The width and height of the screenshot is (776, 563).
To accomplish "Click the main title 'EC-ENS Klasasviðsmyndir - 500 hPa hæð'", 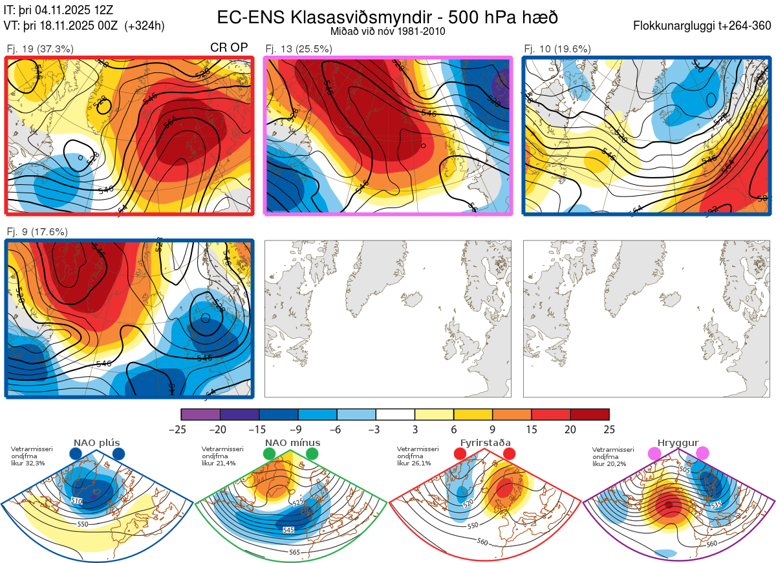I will [x=387, y=17].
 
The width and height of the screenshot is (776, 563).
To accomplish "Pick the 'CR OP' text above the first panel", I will [x=229, y=48].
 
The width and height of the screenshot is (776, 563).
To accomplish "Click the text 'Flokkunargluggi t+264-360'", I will [x=704, y=26].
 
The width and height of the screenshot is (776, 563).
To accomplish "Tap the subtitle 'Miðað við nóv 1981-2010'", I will [x=387, y=31].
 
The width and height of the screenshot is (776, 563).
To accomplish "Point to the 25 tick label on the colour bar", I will [x=609, y=429].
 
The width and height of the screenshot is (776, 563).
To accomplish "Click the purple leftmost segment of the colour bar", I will [x=200, y=414].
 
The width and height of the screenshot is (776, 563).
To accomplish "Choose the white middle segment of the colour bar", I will [x=395, y=414].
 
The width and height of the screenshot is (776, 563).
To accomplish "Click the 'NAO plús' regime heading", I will [x=96, y=443].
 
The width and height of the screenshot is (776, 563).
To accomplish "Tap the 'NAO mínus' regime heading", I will [x=292, y=443].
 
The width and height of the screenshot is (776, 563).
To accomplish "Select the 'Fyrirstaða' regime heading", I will [x=485, y=443].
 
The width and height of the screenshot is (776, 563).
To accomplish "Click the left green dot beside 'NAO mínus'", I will [x=269, y=454].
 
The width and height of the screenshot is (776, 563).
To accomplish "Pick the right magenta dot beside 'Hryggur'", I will [x=702, y=454].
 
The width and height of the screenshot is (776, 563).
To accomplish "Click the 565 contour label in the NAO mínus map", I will [x=294, y=552].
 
